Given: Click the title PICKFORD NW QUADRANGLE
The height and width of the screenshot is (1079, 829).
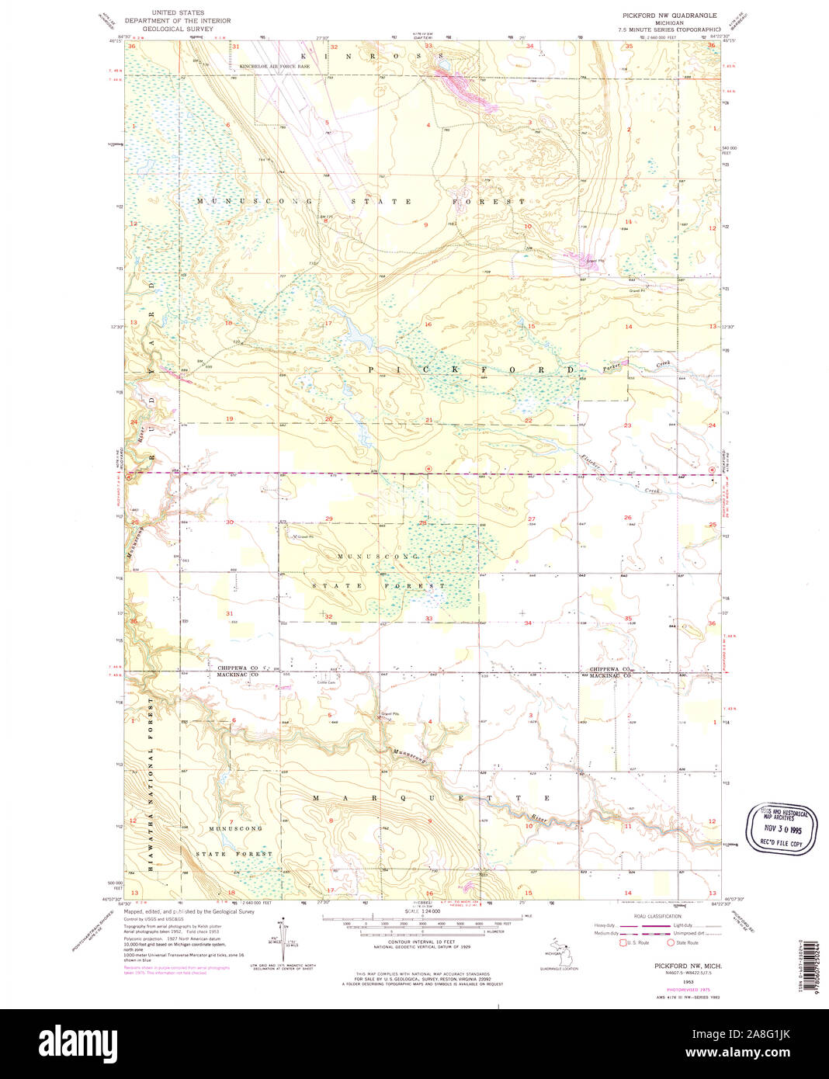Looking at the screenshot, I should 669,16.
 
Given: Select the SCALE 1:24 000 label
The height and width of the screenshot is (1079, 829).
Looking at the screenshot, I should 422,911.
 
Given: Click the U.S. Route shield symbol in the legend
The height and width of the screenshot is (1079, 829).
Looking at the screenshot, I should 622,942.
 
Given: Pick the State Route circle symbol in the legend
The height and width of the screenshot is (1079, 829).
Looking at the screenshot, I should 671,942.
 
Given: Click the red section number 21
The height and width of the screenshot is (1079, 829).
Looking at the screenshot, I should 428,420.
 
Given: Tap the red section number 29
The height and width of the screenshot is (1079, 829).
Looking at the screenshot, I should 329,519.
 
